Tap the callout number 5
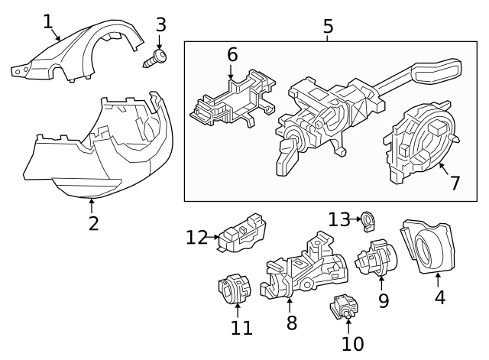coord(328,27)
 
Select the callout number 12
coord(196,238)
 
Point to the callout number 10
coord(353,344)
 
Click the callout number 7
coord(455,183)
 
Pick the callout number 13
coord(338,220)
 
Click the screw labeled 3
coord(157,54)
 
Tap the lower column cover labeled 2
coord(96,153)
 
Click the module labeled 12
coord(243,232)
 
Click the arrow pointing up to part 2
coord(92,204)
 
